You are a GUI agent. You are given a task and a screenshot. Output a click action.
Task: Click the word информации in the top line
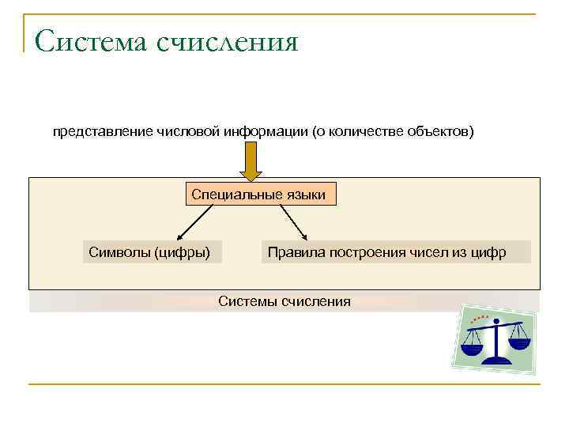(x=258, y=130)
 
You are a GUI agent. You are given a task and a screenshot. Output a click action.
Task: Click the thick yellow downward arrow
(x=251, y=162)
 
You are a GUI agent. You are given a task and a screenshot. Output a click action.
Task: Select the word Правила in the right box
(x=292, y=252)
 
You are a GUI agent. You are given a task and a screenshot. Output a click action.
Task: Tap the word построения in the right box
(x=360, y=252)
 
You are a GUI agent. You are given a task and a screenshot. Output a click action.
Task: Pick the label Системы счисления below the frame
(x=284, y=301)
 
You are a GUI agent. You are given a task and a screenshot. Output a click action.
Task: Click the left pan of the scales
(x=473, y=346)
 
